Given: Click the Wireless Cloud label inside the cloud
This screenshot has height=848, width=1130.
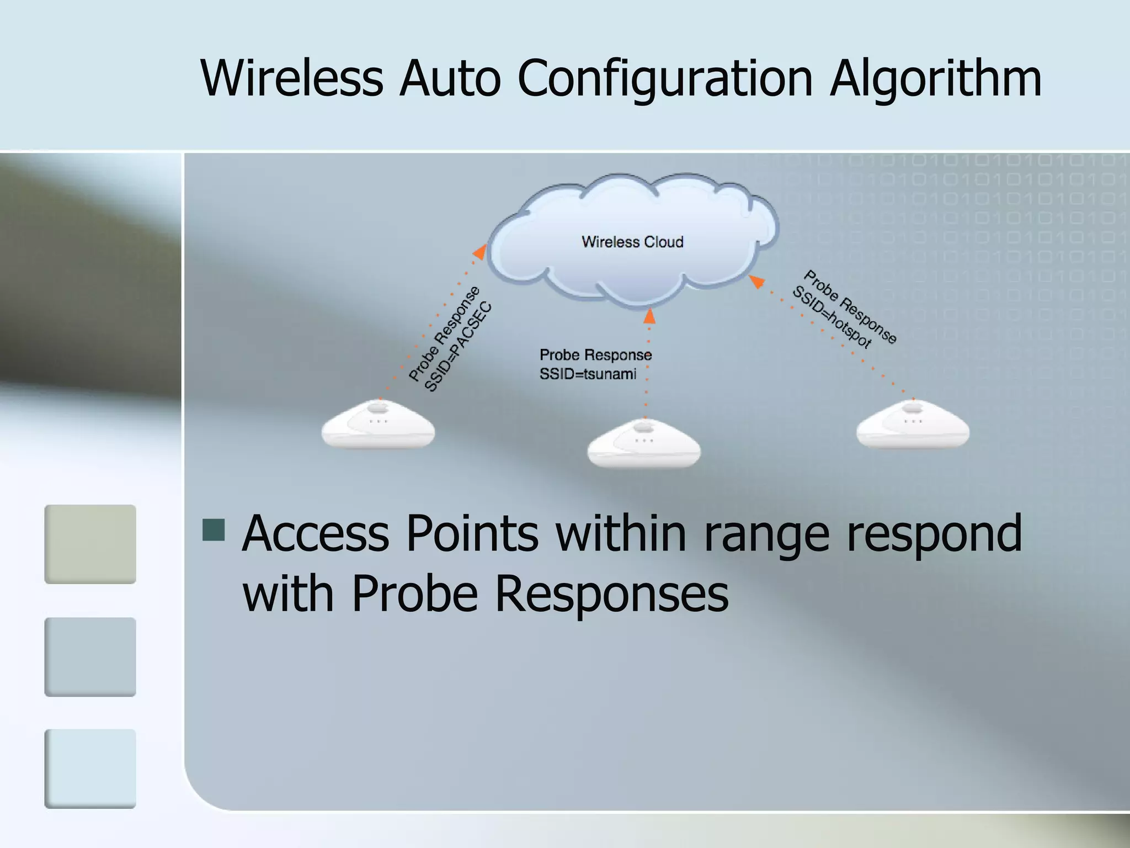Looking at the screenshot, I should pos(632,242).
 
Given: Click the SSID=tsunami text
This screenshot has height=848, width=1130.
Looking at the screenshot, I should pos(588,374).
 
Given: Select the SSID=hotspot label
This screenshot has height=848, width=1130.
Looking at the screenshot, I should pos(832,317).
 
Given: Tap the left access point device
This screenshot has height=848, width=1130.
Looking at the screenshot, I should pos(378,425).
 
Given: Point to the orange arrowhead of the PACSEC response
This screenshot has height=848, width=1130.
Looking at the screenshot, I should pos(480,252).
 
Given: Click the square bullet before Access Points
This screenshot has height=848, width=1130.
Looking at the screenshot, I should pos(214,529).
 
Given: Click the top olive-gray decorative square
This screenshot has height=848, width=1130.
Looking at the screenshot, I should pos(90,544).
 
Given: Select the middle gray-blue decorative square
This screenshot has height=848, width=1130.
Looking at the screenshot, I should pos(90,656).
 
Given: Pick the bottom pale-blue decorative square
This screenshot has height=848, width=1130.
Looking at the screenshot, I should pos(90,768).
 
